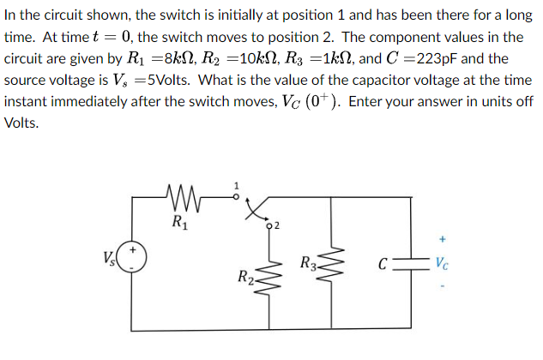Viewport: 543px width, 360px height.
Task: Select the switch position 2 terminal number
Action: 275,225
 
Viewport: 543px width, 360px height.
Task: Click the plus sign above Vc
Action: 442,239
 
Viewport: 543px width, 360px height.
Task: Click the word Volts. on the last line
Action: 22,122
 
